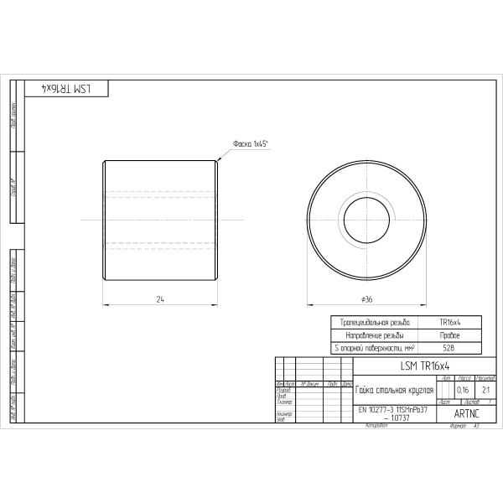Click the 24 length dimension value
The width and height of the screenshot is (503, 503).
tap(159, 298)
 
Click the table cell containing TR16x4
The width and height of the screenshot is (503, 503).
tap(449, 322)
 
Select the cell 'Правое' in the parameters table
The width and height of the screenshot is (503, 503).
tap(449, 334)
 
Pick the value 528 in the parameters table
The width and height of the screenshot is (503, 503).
tap(449, 347)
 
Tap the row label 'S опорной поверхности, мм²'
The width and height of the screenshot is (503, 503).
tap(375, 347)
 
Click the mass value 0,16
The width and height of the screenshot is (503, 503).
tap(463, 390)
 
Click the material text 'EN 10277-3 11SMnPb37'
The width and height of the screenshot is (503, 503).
tap(393, 410)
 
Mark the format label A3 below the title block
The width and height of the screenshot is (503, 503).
tap(477, 426)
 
